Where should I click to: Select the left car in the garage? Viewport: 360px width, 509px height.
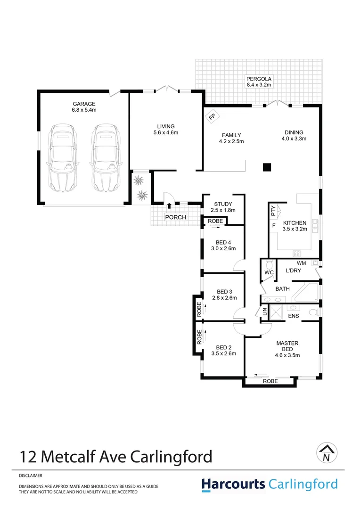[x=62, y=157]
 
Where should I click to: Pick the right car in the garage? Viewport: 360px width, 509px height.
[x=106, y=157]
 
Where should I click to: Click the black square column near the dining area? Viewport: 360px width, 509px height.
[x=267, y=166]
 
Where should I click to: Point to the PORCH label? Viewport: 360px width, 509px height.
[x=175, y=217]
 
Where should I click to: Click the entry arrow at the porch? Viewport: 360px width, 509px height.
[x=169, y=205]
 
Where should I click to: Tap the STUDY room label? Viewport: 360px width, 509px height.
[x=223, y=204]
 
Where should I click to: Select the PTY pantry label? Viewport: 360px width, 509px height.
[x=273, y=210]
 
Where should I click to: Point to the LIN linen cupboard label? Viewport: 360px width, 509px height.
[x=265, y=312]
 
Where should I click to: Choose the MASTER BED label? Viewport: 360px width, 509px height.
[x=287, y=346]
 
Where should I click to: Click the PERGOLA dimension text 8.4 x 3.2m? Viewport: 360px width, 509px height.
[x=259, y=85]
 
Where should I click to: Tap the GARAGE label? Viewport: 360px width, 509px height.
[x=84, y=104]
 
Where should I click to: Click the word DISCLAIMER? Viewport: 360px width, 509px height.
[x=31, y=476]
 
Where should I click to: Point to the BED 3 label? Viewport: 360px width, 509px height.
[x=223, y=291]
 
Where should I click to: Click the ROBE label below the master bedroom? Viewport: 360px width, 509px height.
[x=270, y=381]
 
